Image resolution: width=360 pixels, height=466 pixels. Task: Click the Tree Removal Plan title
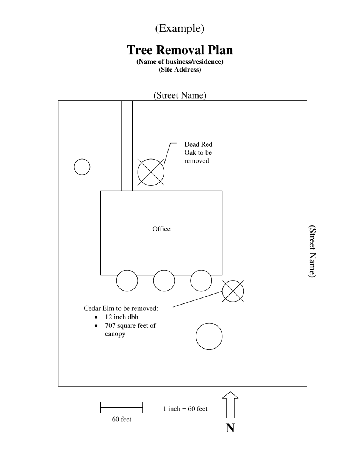pos(180,50)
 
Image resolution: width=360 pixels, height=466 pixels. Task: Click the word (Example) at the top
pos(180,28)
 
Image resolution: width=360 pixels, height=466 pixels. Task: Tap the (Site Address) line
pos(180,70)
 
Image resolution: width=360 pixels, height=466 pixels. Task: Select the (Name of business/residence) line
pos(180,61)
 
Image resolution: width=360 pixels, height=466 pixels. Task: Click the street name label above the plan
pos(180,95)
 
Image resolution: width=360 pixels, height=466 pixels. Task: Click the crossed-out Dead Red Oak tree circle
pos(151,172)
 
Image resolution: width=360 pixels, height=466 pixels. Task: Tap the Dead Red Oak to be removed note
pos(198,152)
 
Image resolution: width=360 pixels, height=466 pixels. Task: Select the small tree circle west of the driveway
pos(82,167)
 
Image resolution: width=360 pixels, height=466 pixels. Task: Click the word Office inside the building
pos(161,229)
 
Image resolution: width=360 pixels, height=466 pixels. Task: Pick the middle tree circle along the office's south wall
pos(164,281)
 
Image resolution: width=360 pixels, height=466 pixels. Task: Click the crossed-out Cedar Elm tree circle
pos(233,291)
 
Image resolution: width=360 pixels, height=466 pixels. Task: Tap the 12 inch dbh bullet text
pos(121,317)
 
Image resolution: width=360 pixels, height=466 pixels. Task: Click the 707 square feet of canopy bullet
pos(130,330)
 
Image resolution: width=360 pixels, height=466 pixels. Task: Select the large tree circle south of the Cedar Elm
pos(209,336)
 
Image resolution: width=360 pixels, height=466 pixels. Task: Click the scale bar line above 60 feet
pos(122,408)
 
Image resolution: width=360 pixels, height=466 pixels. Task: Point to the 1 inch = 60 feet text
pos(185,409)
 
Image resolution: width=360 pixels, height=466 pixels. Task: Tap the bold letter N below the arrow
pos(230,428)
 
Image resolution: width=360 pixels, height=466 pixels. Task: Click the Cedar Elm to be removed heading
pos(121,308)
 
